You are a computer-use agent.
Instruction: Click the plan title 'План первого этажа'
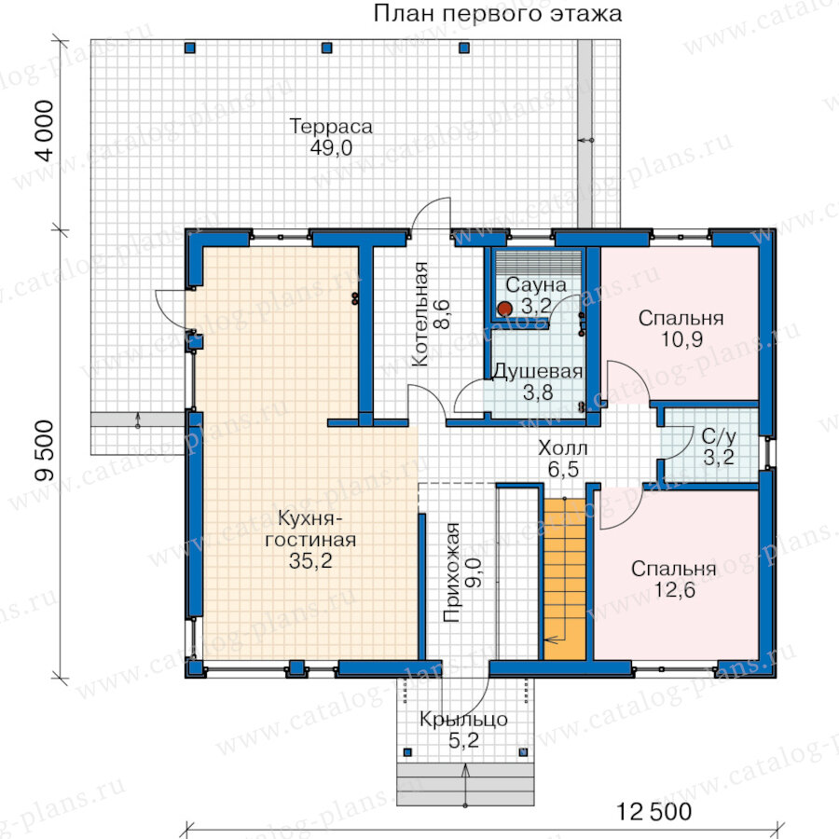tap(497, 14)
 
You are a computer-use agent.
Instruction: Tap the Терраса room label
tap(331, 126)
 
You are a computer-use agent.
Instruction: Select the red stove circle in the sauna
tap(504, 309)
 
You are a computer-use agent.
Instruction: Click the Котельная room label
tap(420, 314)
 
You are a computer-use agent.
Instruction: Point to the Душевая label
tap(537, 371)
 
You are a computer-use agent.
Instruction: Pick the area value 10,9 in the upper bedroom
tap(681, 339)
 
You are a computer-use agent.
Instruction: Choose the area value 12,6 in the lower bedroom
tap(674, 590)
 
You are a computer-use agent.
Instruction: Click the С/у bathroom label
tap(718, 436)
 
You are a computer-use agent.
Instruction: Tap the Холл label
tap(562, 447)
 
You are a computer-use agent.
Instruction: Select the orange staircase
tap(565, 579)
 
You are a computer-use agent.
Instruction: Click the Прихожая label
tap(452, 572)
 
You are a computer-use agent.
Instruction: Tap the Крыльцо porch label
tap(463, 719)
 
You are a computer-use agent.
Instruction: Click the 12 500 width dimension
tap(653, 812)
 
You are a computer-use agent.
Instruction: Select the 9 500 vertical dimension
tap(45, 450)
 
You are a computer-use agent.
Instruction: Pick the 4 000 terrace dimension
tap(45, 131)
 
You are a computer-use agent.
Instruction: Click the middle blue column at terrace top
tap(327, 48)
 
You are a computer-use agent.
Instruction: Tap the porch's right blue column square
tap(523, 751)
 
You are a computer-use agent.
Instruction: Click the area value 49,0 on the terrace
tap(331, 147)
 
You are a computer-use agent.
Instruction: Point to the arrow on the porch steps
tap(465, 785)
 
